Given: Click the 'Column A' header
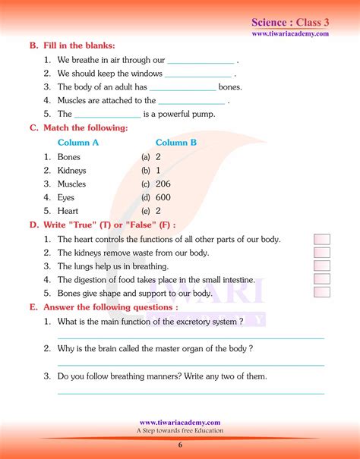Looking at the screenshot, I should [78, 143].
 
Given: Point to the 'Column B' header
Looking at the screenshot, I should [176, 143].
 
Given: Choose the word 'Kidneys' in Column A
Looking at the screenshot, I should [72, 171].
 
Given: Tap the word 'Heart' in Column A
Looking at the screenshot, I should [68, 212].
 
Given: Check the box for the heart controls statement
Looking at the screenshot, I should [322, 240].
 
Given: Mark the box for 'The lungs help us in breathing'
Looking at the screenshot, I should [322, 266].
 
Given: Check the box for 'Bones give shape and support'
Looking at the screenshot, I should [322, 292].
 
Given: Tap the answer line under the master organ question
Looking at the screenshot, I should [191, 365].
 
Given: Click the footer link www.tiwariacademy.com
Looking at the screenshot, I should [180, 423].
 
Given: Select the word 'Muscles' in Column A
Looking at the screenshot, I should [72, 184].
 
